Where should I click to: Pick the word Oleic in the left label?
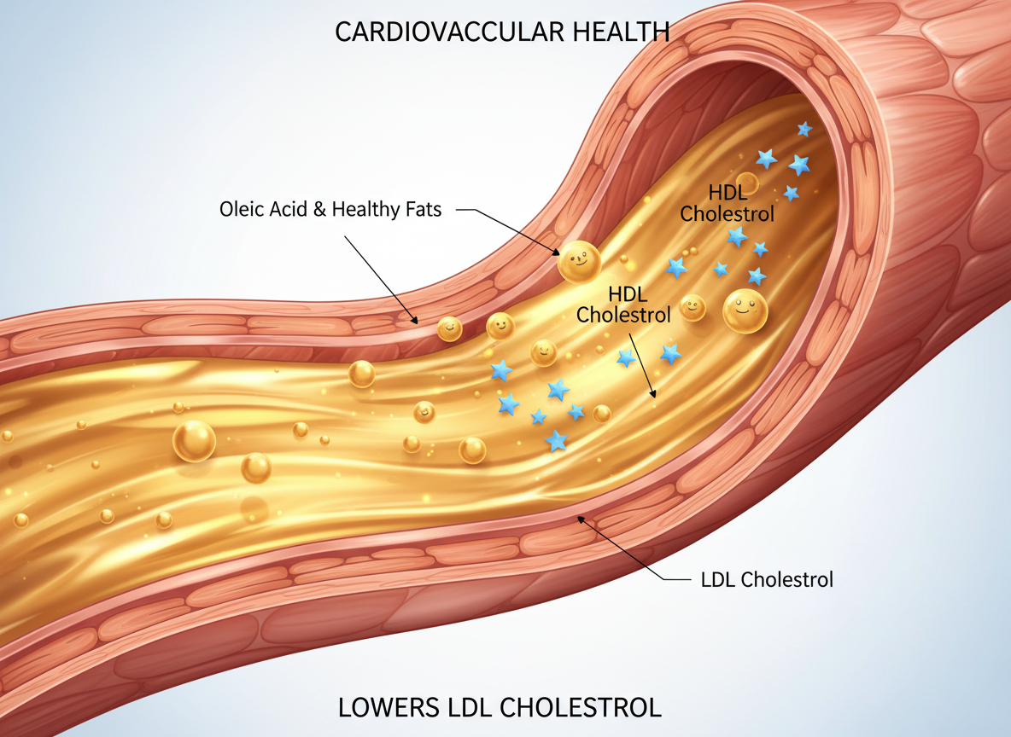pos(242,208)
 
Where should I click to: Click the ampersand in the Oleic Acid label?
pos(318,208)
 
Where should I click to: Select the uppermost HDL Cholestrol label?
pos(727,204)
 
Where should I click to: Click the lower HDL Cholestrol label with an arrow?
pos(623,305)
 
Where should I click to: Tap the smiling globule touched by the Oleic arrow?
pos(578,261)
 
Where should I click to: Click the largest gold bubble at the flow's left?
pos(195,440)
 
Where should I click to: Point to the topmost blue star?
pos(804,129)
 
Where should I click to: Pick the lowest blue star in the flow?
pos(557,440)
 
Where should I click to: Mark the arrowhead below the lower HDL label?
pos(653,394)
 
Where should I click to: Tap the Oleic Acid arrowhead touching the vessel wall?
pos(415,322)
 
